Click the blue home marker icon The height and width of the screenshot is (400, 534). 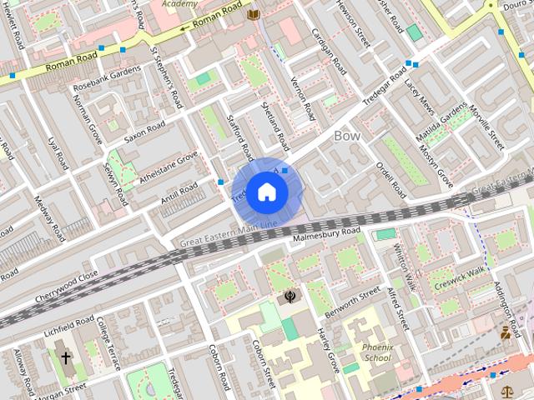click(266, 192)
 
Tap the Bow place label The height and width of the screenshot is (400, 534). click(347, 135)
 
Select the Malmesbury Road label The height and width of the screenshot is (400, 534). click(326, 234)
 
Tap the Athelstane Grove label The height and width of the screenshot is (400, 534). click(169, 166)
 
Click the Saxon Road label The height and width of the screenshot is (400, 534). click(145, 133)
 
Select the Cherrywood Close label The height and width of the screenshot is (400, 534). click(66, 287)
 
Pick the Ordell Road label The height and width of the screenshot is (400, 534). click(390, 179)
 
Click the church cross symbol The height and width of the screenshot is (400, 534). click(64, 358)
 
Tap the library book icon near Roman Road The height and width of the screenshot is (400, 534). click(253, 14)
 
